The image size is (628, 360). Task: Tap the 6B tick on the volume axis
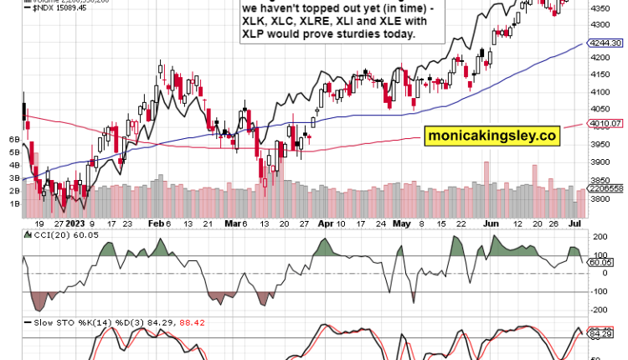[x=14, y=139]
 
